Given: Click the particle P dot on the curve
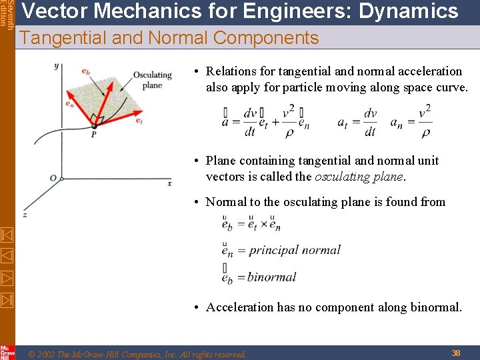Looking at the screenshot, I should click(94, 125).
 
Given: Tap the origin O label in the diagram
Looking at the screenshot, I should click(53, 178).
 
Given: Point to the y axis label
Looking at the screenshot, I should click(57, 65).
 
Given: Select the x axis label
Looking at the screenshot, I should click(169, 183).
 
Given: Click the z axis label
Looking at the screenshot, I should click(25, 215).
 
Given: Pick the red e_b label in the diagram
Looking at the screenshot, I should click(86, 71).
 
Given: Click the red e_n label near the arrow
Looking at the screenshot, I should click(69, 103).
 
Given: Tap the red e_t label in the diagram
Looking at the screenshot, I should click(139, 121).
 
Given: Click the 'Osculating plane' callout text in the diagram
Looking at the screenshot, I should click(152, 80).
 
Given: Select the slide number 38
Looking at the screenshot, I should click(456, 353).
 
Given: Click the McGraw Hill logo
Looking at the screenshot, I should click(7, 352).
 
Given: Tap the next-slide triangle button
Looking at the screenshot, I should click(7, 277).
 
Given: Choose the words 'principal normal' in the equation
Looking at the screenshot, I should click(294, 250).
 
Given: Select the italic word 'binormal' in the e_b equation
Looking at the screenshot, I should click(272, 277).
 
